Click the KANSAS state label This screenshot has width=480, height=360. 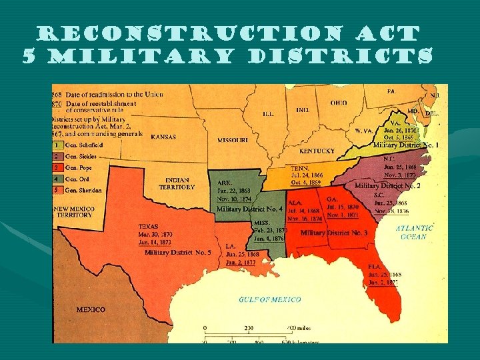pyautogui.click(x=163, y=137)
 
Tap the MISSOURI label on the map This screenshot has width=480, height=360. pyautogui.click(x=233, y=140)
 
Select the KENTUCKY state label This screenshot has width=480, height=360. pyautogui.click(x=317, y=151)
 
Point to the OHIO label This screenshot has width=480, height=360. pyautogui.click(x=338, y=103)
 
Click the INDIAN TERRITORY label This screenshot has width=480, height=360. pyautogui.click(x=177, y=183)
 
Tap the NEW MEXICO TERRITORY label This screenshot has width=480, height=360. pyautogui.click(x=73, y=212)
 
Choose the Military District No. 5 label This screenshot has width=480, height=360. pyautogui.click(x=178, y=253)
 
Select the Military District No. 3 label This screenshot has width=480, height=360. pyautogui.click(x=333, y=233)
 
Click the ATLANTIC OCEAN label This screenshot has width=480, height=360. pyautogui.click(x=414, y=232)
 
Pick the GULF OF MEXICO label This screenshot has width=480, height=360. pyautogui.click(x=269, y=299)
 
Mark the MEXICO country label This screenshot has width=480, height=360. pyautogui.click(x=91, y=309)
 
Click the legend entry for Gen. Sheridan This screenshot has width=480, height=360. pyautogui.click(x=83, y=190)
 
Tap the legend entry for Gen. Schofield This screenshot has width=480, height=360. pyautogui.click(x=83, y=144)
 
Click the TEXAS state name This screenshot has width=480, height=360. pyautogui.click(x=149, y=226)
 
